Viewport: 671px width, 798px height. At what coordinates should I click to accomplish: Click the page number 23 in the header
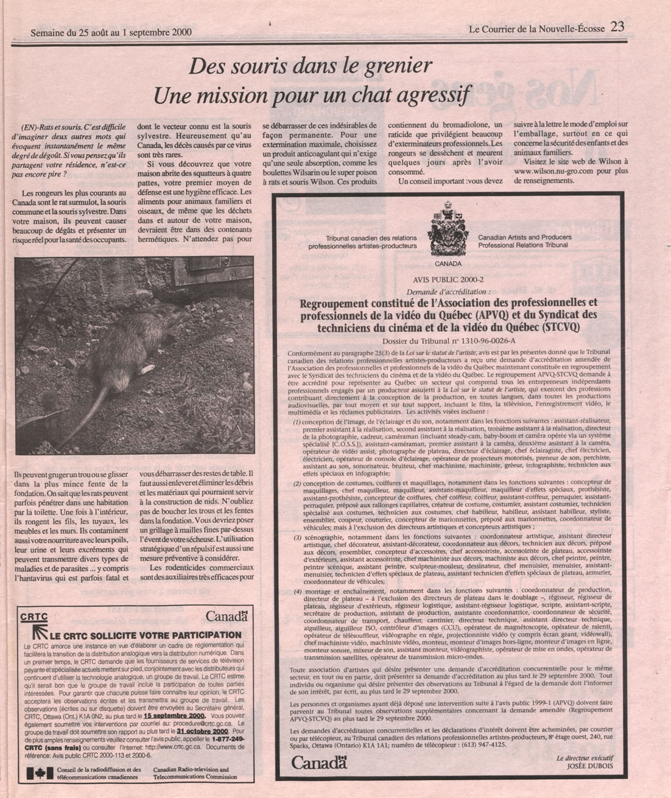(617, 27)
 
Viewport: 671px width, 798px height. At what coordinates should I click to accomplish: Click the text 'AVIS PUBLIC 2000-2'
(448, 280)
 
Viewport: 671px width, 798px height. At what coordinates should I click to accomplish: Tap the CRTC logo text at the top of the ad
(33, 617)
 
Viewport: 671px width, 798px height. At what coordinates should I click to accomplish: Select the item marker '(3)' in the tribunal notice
(297, 538)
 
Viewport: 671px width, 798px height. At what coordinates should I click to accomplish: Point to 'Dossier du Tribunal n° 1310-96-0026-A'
(448, 341)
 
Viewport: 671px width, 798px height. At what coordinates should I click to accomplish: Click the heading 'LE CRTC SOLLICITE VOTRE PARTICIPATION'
(145, 635)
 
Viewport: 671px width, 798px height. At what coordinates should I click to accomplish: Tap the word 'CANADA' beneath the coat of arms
(448, 264)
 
